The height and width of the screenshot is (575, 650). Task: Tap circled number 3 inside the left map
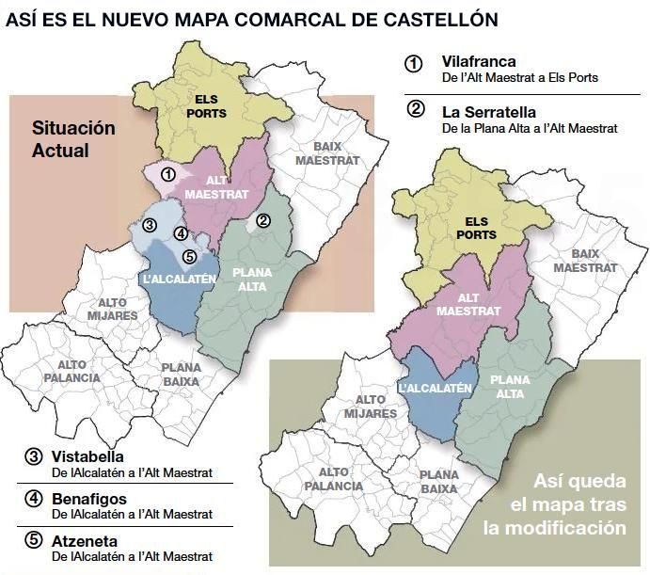point(149,225)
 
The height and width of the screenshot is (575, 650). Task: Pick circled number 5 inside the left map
point(188,256)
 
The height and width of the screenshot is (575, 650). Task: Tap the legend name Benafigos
point(88,499)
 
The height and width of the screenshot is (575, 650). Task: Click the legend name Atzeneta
point(86,541)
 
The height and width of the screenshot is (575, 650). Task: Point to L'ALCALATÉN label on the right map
point(434,388)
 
